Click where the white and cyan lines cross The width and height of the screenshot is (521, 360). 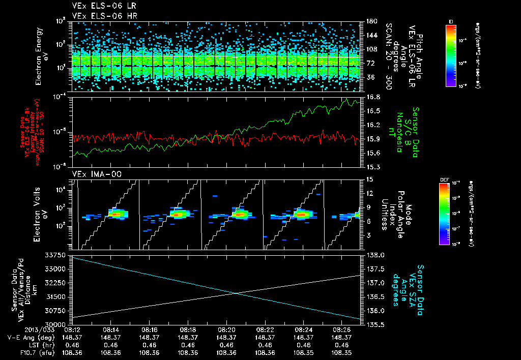click(x=237, y=292)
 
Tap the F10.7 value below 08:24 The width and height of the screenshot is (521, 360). click(x=304, y=351)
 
